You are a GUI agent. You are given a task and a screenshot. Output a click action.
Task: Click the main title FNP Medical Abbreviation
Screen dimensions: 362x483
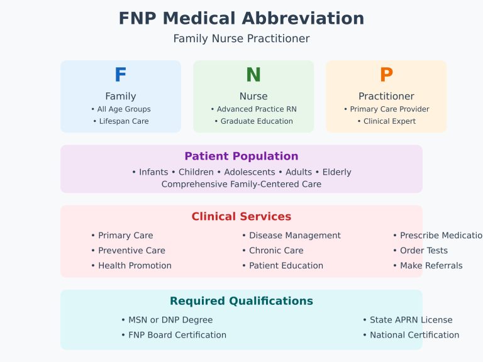pos(241,19)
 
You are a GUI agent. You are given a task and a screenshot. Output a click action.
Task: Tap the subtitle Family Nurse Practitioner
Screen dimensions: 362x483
pos(241,39)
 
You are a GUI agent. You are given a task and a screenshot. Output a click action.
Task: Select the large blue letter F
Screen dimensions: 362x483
pos(120,75)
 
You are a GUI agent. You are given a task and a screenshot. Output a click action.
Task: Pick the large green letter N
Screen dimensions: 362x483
pos(253,75)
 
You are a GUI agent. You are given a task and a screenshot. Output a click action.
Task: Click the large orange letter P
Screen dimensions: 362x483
pos(386,75)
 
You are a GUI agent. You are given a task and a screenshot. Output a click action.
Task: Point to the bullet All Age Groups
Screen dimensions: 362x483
pos(121,109)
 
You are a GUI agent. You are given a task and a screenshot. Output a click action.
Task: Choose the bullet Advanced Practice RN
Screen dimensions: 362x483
pos(253,109)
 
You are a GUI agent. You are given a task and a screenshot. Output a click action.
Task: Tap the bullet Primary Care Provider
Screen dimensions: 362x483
pos(386,109)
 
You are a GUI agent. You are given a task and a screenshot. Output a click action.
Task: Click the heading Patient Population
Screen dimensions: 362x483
pos(241,156)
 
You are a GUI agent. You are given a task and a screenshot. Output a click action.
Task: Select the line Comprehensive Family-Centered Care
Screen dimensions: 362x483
pos(241,184)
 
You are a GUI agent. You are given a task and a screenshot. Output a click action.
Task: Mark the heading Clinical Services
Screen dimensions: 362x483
pos(241,217)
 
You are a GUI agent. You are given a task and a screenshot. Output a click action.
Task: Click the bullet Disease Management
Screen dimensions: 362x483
pos(291,236)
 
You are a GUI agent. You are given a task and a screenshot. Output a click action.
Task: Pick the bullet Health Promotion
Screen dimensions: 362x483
pos(131,266)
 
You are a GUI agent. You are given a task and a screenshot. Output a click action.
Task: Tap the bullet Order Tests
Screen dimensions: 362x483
pos(420,251)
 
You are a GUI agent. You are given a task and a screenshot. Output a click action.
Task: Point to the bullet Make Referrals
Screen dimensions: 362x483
pos(428,266)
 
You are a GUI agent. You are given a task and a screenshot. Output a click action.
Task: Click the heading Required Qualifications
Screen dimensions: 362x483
pos(241,301)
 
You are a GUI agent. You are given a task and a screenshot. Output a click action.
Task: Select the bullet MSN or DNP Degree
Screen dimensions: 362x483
pos(167,320)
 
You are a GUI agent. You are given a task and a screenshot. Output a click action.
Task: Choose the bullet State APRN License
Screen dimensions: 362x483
pos(407,320)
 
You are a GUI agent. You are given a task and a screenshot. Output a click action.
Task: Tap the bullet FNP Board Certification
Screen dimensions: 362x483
pos(174,335)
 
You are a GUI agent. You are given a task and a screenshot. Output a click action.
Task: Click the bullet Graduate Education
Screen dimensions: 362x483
pos(253,121)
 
